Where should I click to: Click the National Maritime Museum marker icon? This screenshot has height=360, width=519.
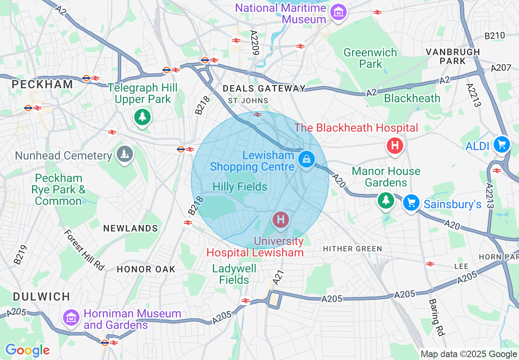coord(338,13)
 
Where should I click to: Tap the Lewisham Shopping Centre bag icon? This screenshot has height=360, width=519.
coord(306,158)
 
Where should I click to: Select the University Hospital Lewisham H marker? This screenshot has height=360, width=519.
coord(281,219)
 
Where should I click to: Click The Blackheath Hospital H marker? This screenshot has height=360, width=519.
coord(395,145)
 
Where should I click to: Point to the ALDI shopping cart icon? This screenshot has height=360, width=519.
coord(501,144)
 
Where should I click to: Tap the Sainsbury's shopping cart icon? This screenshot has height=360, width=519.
coord(411,202)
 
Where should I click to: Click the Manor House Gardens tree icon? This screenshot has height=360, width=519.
coord(386,200)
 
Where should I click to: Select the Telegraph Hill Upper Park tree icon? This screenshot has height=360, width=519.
coord(142,117)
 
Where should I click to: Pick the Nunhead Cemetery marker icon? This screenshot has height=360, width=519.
coord(124,154)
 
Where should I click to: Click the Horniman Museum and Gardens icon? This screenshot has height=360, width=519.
coord(71,317)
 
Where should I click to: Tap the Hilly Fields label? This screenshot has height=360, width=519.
coord(240,187)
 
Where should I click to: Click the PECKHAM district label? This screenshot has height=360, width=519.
coord(43,84)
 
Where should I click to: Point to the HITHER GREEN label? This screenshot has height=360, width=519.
coord(352,249)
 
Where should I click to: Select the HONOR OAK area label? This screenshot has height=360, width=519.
coord(146,269)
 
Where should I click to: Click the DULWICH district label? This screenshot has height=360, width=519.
coord(41,297)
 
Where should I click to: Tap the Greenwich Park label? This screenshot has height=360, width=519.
coord(370,58)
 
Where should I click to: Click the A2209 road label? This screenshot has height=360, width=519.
coord(255,43)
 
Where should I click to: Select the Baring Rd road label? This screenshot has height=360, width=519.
coord(437,317)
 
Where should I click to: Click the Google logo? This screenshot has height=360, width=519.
coord(27,350)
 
